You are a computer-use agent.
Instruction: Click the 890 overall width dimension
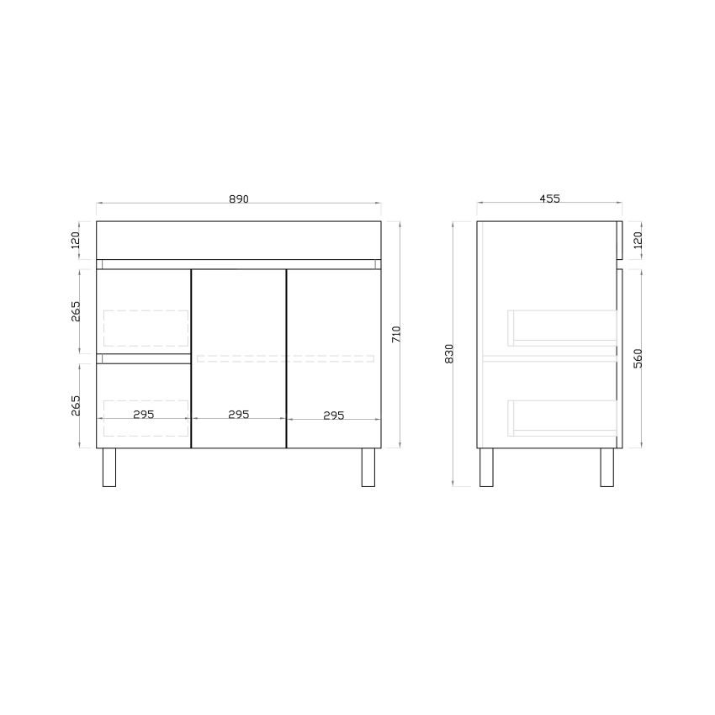[239, 199]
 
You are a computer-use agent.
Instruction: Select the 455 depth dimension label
[549, 199]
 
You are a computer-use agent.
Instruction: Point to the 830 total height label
[449, 353]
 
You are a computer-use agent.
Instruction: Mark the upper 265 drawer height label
[75, 311]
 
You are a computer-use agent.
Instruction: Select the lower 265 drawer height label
[75, 405]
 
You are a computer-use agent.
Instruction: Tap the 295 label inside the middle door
[239, 415]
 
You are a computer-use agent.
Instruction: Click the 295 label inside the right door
[334, 415]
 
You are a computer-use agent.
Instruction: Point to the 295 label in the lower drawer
[144, 415]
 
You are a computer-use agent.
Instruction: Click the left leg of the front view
[109, 468]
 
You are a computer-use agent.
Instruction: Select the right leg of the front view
[368, 468]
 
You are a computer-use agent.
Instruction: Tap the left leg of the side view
[486, 468]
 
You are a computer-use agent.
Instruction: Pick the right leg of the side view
[606, 468]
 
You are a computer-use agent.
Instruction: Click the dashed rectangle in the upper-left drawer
[145, 329]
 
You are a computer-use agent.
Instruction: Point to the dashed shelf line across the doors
[284, 359]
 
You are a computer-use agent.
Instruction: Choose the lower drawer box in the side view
[562, 416]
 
